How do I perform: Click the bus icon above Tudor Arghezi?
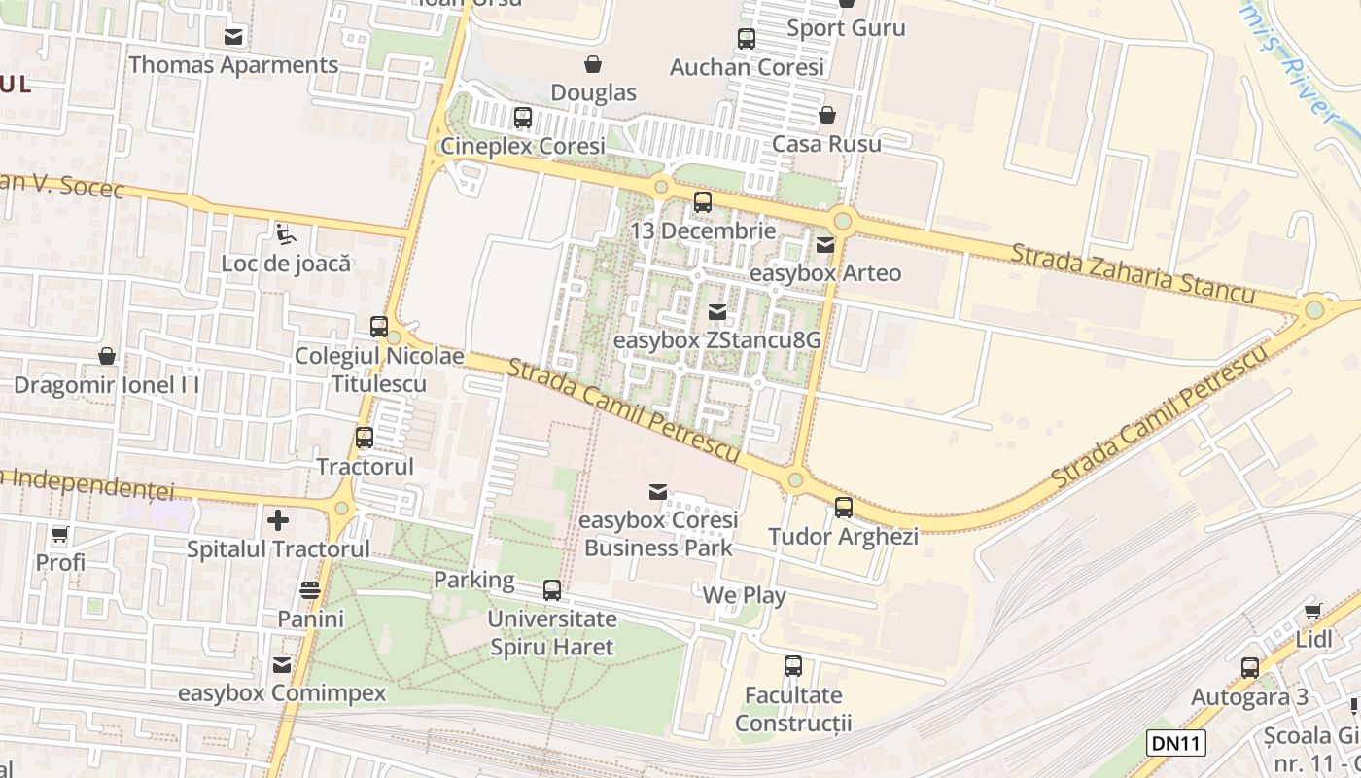point(844,508)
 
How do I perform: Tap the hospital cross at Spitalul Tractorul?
point(278,520)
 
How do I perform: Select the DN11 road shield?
point(1176,744)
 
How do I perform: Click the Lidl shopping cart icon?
point(1313,612)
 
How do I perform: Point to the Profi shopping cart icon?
point(60,534)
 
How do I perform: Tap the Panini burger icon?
point(310,590)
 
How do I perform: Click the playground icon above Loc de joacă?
point(285,233)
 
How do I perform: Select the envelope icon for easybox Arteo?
point(825,245)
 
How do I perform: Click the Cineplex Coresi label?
point(523,146)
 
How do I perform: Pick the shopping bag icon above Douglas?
point(592,64)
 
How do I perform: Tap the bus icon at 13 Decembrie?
point(703,202)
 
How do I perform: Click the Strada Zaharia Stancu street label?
point(1133,273)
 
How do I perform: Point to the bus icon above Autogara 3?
point(1250,668)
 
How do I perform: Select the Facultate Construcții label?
point(793,709)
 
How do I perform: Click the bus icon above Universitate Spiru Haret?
point(552,590)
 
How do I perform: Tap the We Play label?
point(744,595)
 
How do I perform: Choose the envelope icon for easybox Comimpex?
point(282,665)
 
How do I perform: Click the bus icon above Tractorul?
point(365,438)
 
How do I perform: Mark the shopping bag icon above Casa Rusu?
point(827,115)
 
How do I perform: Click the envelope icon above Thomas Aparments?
point(233,37)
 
